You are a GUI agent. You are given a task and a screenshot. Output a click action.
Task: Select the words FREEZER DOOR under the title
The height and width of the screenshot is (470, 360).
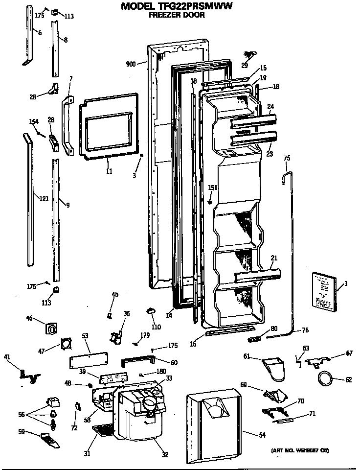tap(177, 15)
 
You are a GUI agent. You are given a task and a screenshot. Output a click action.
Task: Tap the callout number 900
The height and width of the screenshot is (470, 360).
tap(131, 64)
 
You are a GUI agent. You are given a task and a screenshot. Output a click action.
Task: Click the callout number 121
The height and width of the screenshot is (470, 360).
tap(44, 198)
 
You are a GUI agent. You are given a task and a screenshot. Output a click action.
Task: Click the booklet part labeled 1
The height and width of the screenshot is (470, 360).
tap(323, 292)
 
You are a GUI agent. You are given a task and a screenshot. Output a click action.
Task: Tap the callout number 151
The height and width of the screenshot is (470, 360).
tap(212, 188)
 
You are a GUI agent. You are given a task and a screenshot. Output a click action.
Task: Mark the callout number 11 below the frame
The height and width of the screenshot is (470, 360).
tap(109, 170)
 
